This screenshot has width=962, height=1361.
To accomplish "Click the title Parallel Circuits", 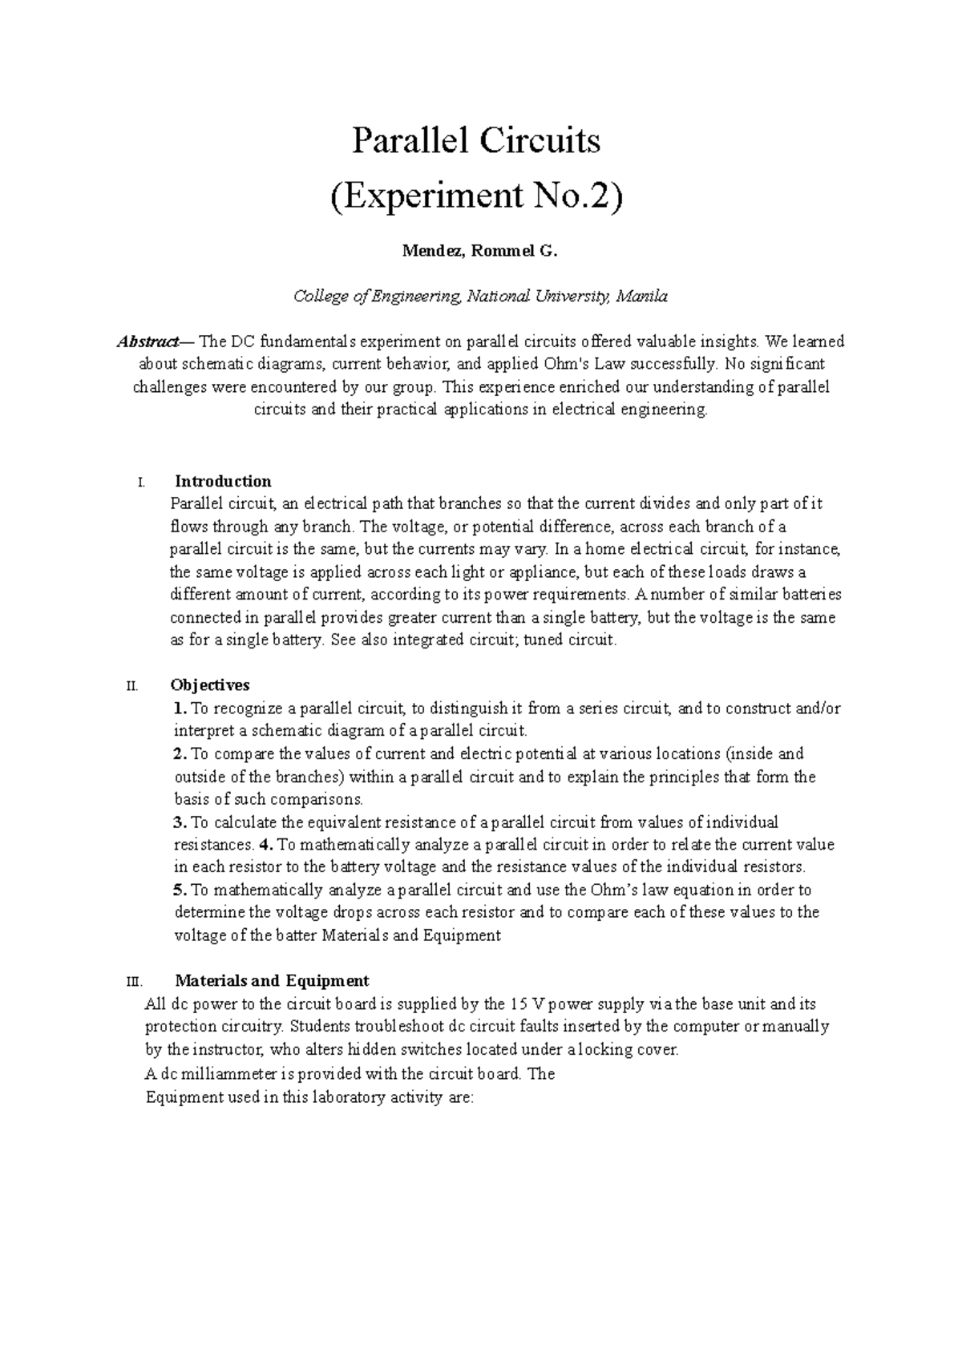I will [x=476, y=142].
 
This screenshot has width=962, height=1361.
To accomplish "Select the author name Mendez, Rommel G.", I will [x=479, y=252].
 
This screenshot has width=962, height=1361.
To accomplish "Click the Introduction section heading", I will [x=223, y=482].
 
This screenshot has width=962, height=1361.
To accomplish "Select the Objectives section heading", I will [x=210, y=685].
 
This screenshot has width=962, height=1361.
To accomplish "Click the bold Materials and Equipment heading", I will [x=272, y=980].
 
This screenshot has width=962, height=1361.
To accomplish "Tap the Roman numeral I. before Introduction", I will [x=141, y=483].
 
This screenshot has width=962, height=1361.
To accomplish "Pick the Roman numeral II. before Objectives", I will [x=132, y=686].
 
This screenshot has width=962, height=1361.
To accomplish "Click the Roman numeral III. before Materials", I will [x=134, y=981].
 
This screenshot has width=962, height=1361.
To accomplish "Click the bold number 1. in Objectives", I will [x=180, y=709].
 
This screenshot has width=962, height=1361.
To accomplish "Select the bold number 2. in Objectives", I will [x=180, y=753].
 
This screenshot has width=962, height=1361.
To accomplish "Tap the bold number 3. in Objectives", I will [x=180, y=822].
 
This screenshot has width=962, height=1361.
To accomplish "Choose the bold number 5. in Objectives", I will [x=180, y=890].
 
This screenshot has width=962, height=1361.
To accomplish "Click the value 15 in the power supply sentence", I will [x=518, y=1004].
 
